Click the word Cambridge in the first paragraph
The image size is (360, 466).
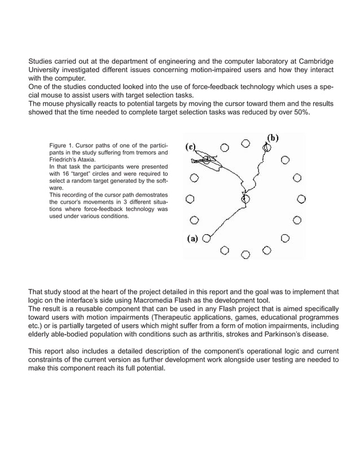click(x=313, y=61)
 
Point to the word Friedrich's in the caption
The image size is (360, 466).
click(x=64, y=160)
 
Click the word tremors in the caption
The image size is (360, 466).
click(x=144, y=153)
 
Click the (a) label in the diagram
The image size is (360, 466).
click(x=192, y=238)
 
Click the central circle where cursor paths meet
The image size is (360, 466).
click(x=245, y=199)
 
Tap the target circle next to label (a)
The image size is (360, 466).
click(x=207, y=238)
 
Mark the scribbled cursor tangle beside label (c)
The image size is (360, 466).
click(x=205, y=161)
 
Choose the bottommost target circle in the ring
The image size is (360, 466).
click(x=245, y=254)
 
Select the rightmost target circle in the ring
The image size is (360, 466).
click(x=301, y=199)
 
